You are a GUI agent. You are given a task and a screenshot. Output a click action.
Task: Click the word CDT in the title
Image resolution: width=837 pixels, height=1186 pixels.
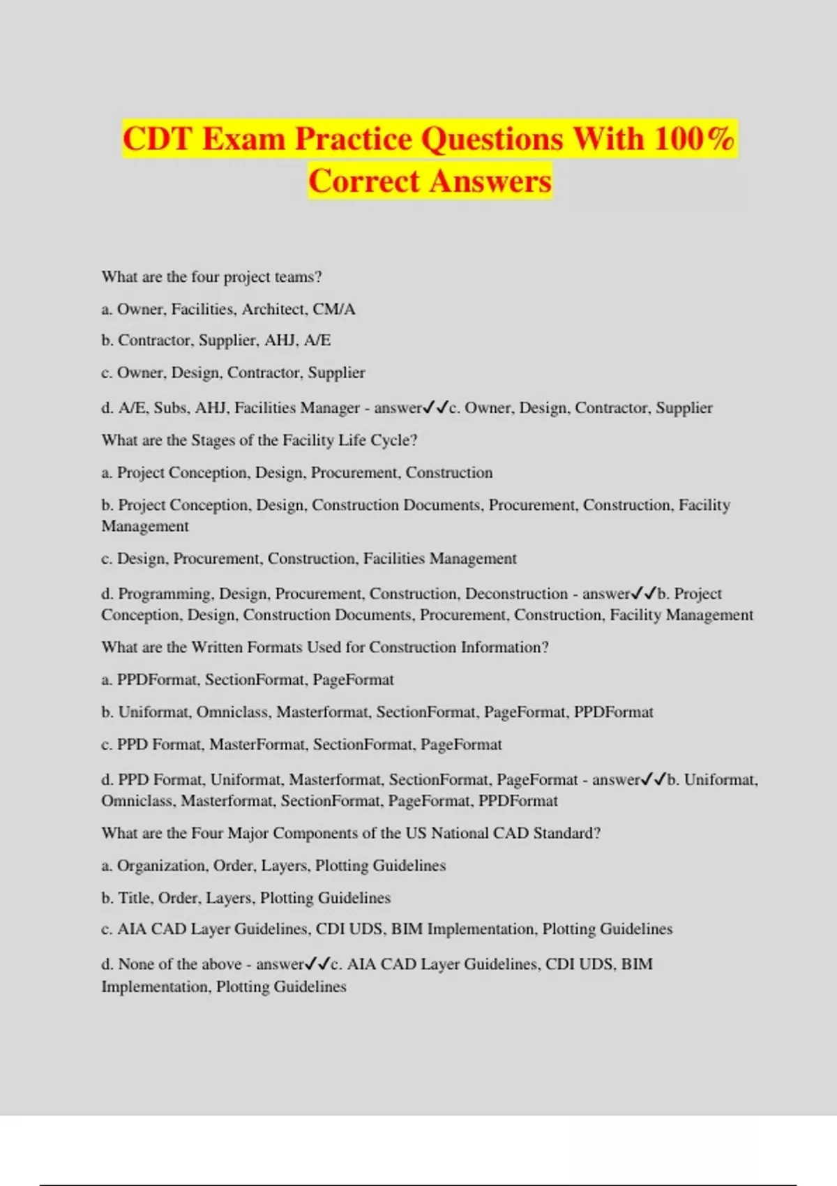[x=157, y=139]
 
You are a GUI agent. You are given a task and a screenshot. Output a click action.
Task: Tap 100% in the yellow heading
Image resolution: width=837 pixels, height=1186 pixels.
[x=694, y=139]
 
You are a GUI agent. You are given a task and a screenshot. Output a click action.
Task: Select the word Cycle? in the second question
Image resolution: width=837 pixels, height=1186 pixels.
[x=395, y=440]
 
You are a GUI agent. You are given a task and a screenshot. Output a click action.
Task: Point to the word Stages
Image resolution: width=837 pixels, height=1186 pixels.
[x=213, y=440]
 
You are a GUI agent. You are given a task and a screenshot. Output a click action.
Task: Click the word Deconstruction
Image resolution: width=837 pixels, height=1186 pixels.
[x=516, y=594]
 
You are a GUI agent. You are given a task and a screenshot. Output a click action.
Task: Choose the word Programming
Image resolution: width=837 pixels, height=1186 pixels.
[x=165, y=594]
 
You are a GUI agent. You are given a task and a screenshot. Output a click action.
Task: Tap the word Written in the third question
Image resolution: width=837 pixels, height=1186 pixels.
[x=218, y=647]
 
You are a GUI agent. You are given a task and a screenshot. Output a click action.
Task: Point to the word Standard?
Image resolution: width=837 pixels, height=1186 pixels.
[x=566, y=833]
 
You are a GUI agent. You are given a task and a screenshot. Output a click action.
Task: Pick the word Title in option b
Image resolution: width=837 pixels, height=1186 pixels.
[x=134, y=898]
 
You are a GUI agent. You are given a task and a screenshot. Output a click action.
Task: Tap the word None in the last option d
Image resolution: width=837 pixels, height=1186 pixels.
[x=136, y=964]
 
